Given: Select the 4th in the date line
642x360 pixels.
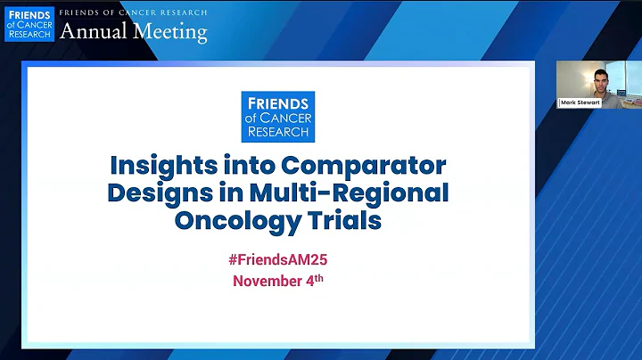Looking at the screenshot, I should click(317, 281).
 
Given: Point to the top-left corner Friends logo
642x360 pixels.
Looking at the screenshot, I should click(29, 24).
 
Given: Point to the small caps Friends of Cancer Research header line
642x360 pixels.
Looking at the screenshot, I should click(133, 12).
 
